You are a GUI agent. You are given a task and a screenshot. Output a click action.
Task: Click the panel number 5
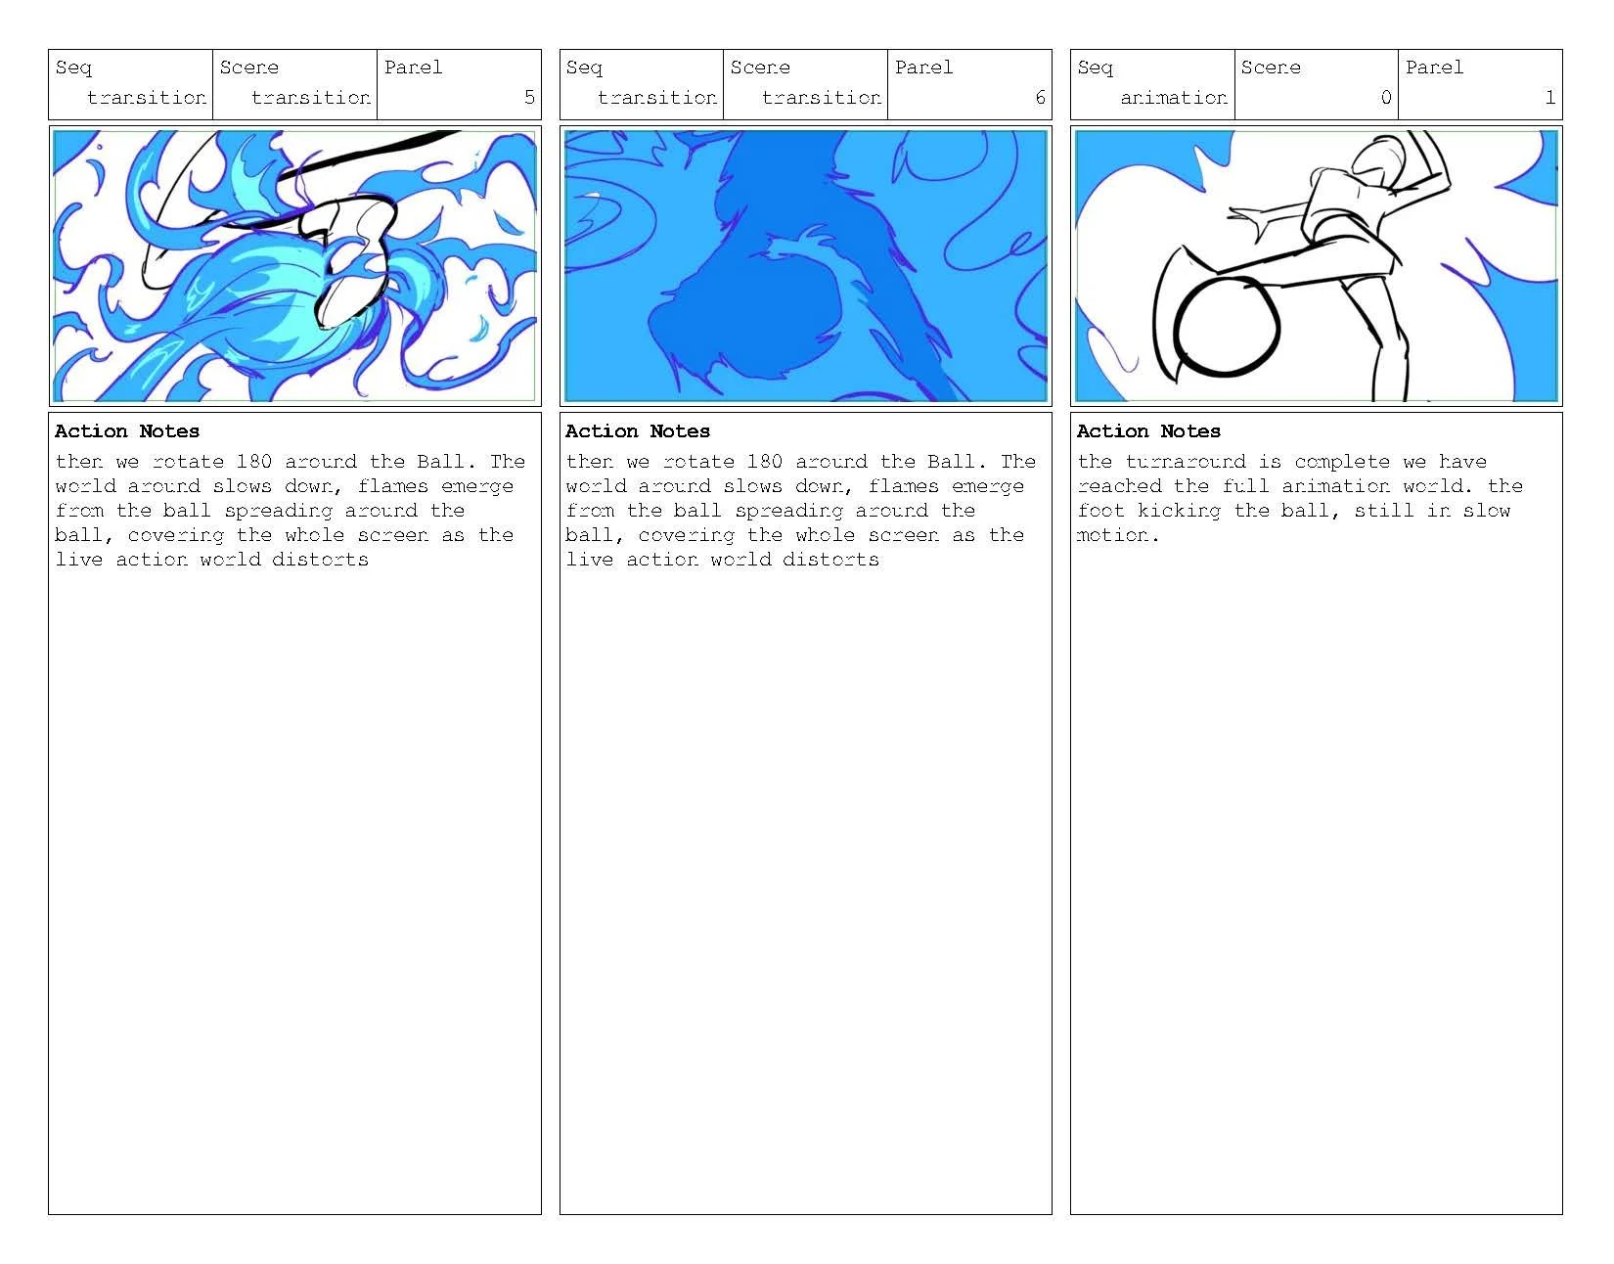[529, 97]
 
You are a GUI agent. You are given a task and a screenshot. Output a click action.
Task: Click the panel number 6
[1040, 97]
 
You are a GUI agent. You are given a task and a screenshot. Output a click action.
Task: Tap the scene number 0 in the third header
[1385, 97]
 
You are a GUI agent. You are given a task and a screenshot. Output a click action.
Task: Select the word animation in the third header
[1173, 97]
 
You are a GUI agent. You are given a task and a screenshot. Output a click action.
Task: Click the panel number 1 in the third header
[1549, 97]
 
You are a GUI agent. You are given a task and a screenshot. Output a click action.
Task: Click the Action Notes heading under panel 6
[638, 431]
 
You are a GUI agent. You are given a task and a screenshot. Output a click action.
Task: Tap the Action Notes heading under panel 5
[127, 431]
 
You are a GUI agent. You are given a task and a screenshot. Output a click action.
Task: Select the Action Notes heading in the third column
[1148, 431]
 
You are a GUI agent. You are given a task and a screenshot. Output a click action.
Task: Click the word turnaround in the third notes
[1186, 462]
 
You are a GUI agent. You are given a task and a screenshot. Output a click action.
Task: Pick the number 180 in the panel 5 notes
[254, 462]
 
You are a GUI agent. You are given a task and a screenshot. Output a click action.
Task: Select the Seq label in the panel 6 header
[584, 68]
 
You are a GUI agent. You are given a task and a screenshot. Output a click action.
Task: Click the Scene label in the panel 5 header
[248, 68]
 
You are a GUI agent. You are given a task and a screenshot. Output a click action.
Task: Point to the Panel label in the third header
[1434, 68]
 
